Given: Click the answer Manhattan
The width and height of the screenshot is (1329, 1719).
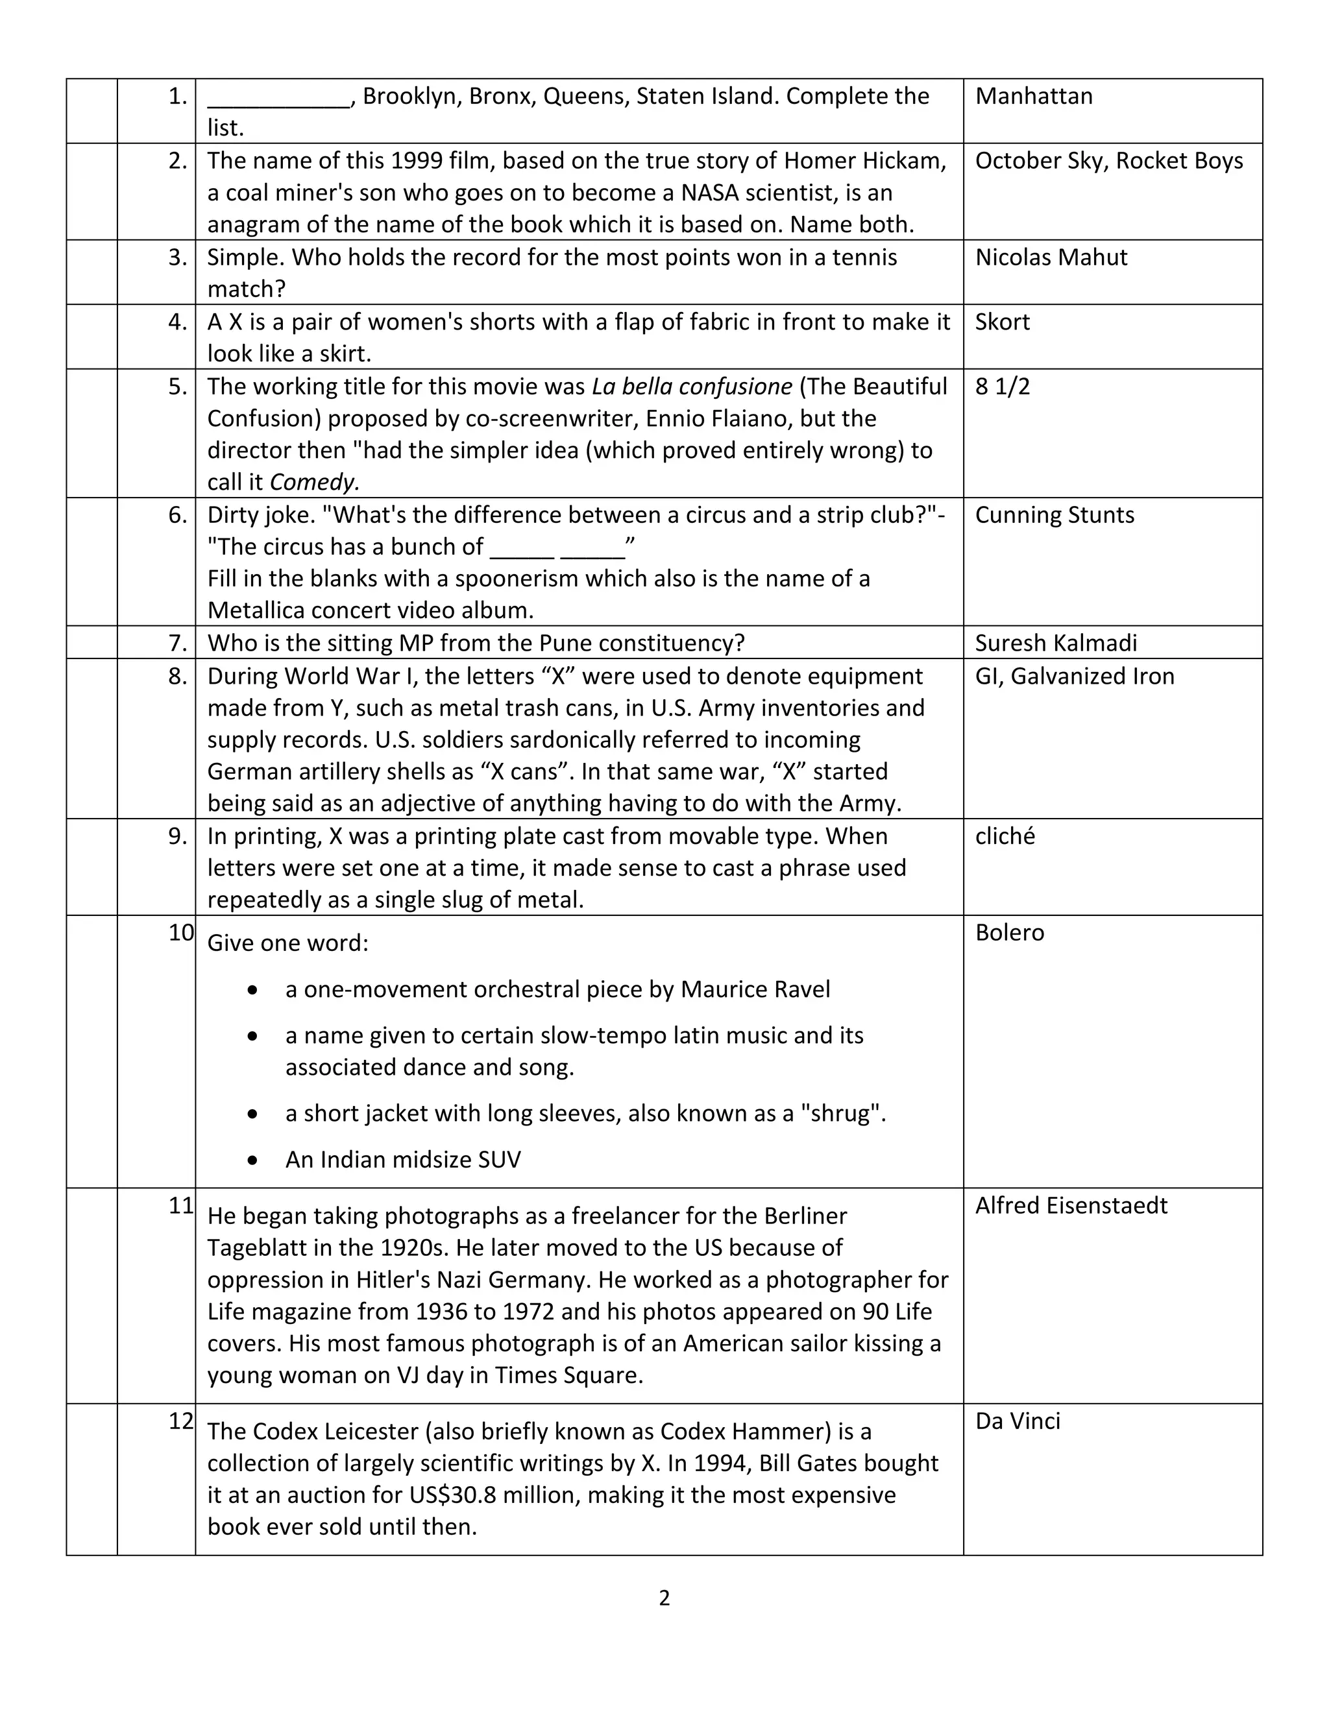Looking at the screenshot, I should [x=1033, y=96].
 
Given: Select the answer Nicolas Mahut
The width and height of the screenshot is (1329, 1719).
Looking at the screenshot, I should [x=1051, y=258].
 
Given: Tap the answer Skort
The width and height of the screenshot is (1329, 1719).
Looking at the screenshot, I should [x=1001, y=322].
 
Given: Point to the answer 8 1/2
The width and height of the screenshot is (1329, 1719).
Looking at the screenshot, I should [x=1001, y=387].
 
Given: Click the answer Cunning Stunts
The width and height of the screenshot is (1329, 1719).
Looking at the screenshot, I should [x=1055, y=515].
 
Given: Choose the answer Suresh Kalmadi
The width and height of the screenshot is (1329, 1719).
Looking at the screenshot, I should [x=1056, y=643].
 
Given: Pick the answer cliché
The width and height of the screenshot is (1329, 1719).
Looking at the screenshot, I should [x=1005, y=836].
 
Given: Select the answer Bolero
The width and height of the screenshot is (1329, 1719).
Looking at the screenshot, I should [x=1009, y=933].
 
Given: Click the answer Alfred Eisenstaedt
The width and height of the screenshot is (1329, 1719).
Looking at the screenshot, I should [x=1071, y=1206].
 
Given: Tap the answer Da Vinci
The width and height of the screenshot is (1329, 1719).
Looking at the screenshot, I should [x=1018, y=1421].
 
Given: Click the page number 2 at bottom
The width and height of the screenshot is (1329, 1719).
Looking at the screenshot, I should [x=664, y=1598].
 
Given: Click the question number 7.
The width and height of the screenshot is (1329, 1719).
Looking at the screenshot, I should [x=177, y=643].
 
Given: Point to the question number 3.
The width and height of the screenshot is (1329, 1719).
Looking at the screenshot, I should [x=177, y=258].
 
